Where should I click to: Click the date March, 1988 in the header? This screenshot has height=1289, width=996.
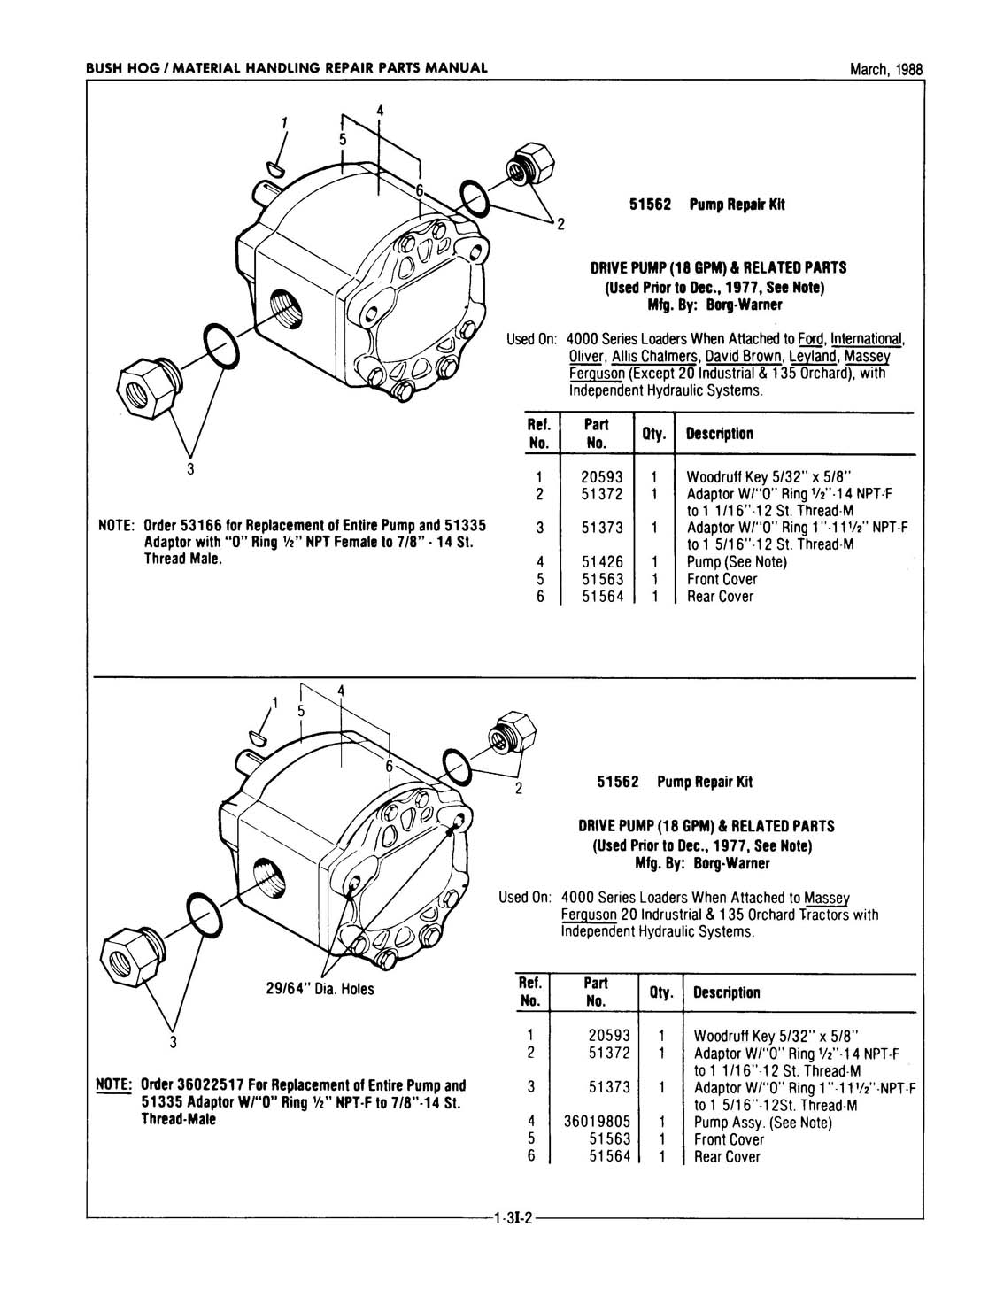[885, 69]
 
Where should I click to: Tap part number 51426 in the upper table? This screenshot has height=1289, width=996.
[602, 561]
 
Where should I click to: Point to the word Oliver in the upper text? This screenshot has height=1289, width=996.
[586, 356]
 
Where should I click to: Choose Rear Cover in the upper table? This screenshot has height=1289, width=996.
[720, 597]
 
